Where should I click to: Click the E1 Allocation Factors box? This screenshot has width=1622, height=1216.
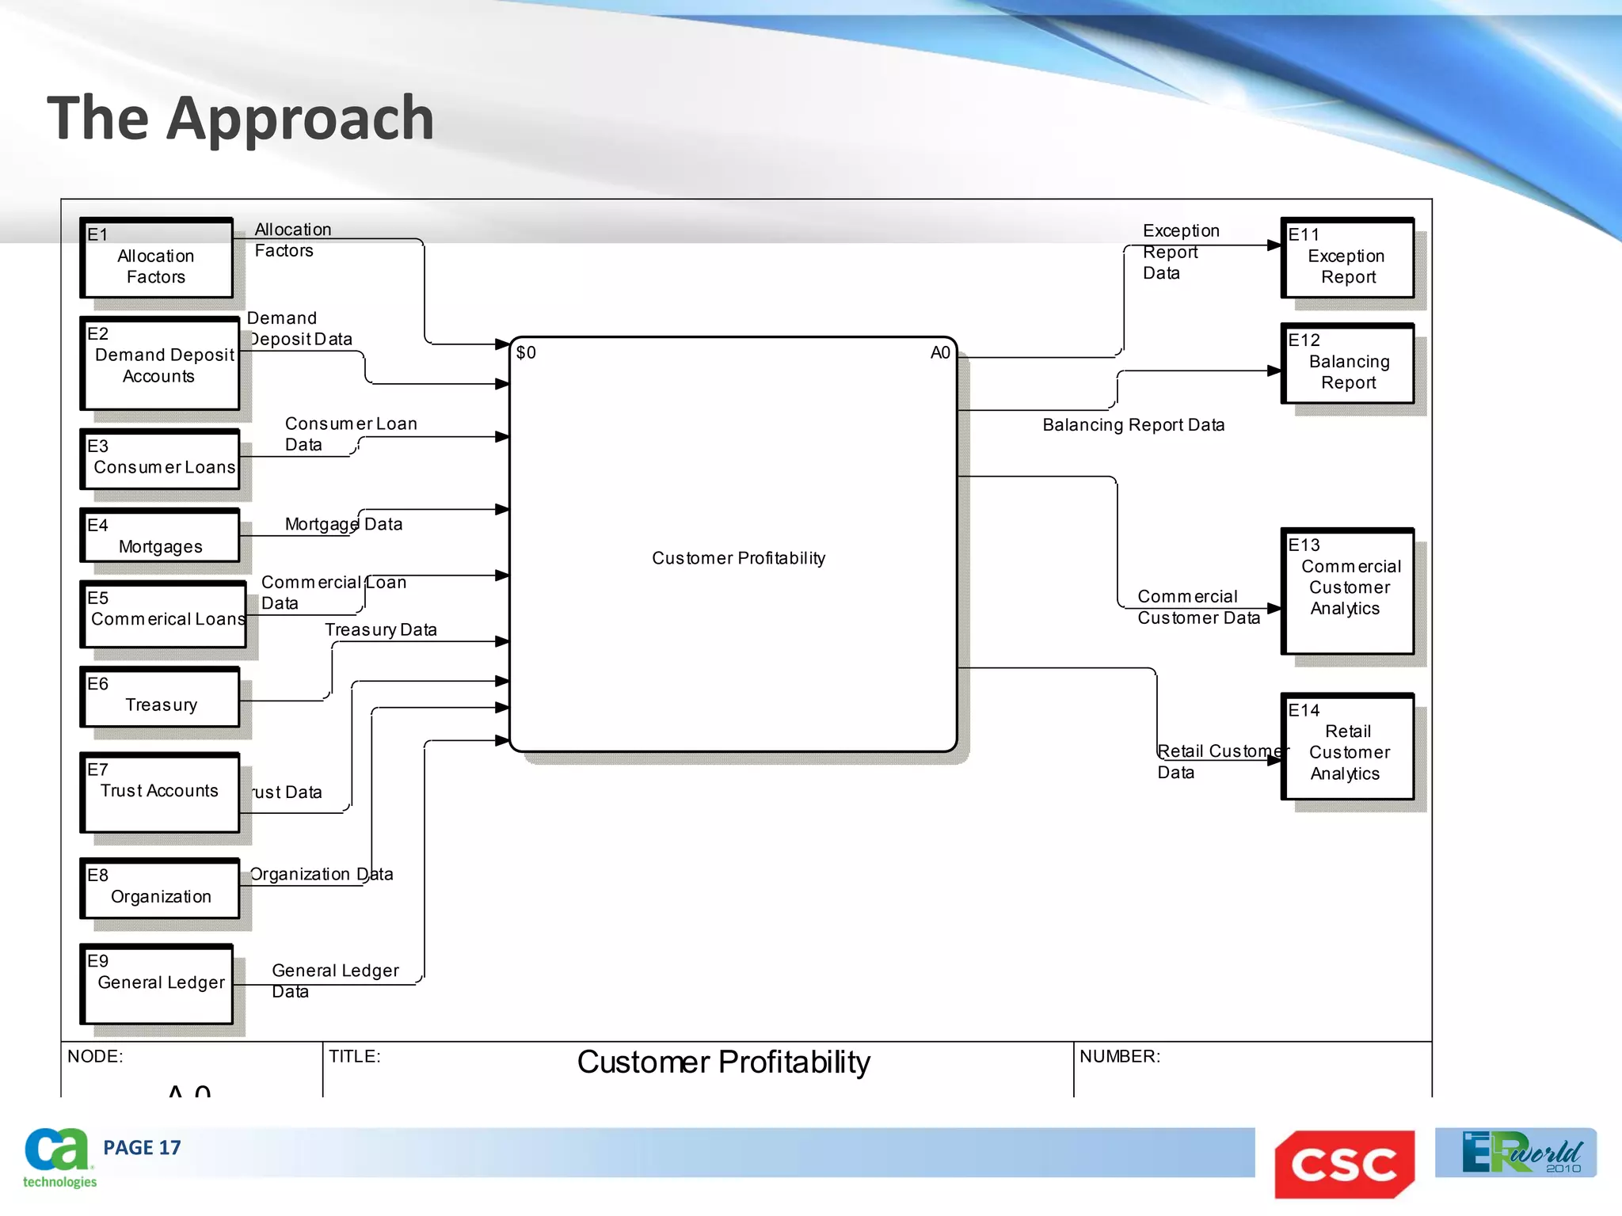pyautogui.click(x=157, y=259)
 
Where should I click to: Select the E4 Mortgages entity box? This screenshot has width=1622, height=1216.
pyautogui.click(x=160, y=537)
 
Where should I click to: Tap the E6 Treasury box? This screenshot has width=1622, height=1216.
pyautogui.click(x=160, y=697)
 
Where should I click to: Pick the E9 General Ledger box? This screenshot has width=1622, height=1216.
pyautogui.click(x=157, y=984)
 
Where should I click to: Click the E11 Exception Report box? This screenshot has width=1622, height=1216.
pyautogui.click(x=1347, y=259)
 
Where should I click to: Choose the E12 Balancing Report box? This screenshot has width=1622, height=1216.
pyautogui.click(x=1347, y=364)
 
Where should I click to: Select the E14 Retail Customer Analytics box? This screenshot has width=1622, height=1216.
pyautogui.click(x=1347, y=747)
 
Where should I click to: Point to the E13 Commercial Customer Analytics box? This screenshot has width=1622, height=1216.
pyautogui.click(x=1347, y=591)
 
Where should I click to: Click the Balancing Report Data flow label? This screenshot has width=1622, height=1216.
pyautogui.click(x=1133, y=425)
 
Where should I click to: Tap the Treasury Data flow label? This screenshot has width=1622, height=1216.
pyautogui.click(x=380, y=630)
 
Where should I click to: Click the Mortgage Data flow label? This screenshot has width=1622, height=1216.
pyautogui.click(x=343, y=524)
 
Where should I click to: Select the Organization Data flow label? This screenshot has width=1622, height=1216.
pyautogui.click(x=321, y=874)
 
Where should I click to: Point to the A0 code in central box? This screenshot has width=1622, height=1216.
pyautogui.click(x=939, y=353)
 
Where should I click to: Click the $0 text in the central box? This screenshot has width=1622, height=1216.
pyautogui.click(x=526, y=353)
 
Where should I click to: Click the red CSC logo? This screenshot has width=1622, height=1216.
pyautogui.click(x=1344, y=1164)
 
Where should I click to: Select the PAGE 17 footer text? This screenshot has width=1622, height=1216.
pyautogui.click(x=142, y=1148)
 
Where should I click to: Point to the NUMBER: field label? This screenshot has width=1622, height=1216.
pyautogui.click(x=1119, y=1057)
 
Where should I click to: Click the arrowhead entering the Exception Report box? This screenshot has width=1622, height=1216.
pyautogui.click(x=1274, y=245)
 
